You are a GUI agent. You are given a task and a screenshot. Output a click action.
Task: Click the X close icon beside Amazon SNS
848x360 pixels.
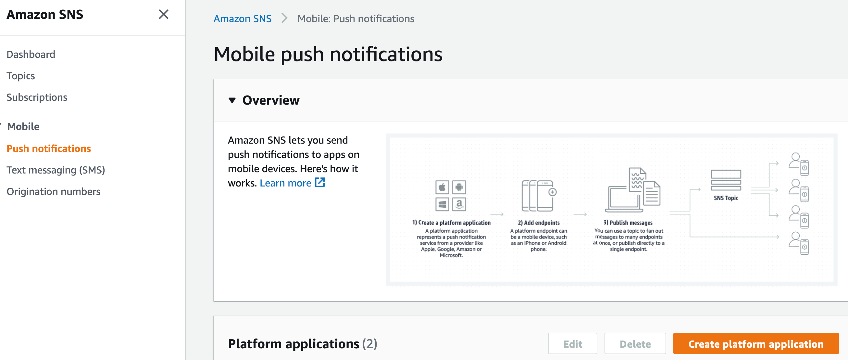tap(164, 15)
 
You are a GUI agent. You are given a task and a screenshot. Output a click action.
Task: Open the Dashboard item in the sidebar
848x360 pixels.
tap(31, 54)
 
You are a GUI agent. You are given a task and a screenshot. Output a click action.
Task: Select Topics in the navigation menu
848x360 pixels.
tap(21, 76)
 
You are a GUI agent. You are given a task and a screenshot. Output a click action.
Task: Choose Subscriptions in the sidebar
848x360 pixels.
tap(37, 97)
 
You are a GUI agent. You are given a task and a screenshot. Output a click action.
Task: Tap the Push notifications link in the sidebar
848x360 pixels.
tap(49, 148)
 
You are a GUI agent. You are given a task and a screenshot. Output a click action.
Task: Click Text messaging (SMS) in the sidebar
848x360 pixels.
tap(56, 170)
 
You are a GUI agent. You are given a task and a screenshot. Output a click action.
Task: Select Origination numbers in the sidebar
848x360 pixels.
tap(54, 191)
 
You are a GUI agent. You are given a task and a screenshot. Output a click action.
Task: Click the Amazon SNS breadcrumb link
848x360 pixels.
tap(243, 19)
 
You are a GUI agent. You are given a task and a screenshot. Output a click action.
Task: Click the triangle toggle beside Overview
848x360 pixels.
tap(232, 100)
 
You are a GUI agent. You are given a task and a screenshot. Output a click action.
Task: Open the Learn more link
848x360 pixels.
tap(285, 183)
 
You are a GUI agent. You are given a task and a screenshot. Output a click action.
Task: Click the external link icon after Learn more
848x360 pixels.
tap(320, 183)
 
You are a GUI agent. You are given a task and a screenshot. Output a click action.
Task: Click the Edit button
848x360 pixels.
tap(572, 343)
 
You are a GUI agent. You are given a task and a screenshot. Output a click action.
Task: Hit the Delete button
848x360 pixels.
tap(635, 343)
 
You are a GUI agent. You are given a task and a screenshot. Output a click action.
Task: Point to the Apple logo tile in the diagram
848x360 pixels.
tap(442, 187)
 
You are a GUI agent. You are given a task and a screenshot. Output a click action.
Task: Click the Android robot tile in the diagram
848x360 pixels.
tap(459, 187)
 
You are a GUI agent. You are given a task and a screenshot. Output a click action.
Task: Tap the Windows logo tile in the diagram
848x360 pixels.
tap(442, 204)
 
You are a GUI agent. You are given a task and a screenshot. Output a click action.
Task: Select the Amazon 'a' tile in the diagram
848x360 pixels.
tap(459, 204)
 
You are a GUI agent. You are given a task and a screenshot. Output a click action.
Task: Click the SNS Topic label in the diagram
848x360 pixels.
tap(726, 198)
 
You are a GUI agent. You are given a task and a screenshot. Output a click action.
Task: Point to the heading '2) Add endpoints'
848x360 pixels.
tap(539, 223)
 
